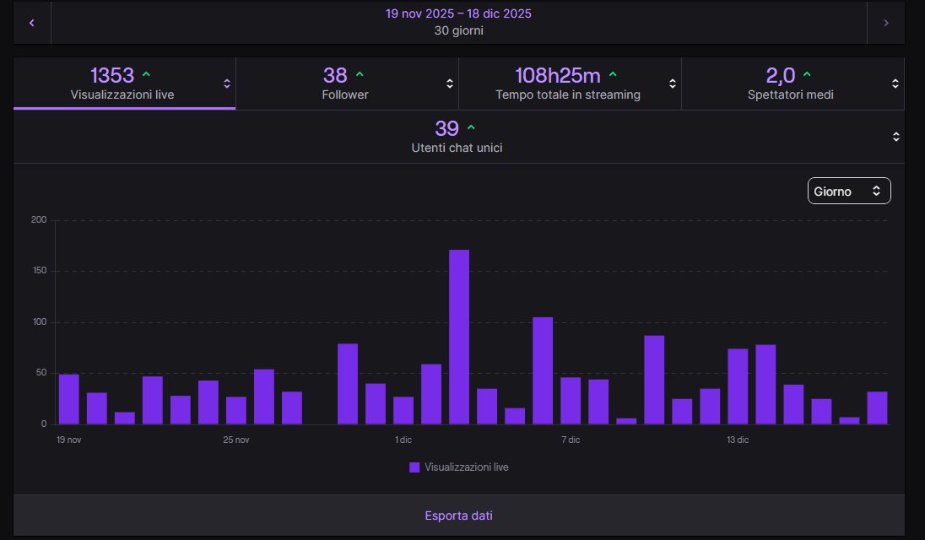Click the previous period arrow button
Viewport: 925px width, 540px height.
pyautogui.click(x=32, y=23)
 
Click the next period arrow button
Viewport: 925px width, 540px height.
pyautogui.click(x=885, y=23)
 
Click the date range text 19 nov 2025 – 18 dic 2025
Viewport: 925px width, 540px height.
pyautogui.click(x=458, y=13)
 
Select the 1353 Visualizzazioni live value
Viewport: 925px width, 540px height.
pyautogui.click(x=112, y=76)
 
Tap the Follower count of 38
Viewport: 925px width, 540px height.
pyautogui.click(x=335, y=76)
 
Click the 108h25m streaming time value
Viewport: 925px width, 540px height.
pyautogui.click(x=557, y=76)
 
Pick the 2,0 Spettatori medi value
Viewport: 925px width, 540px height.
pyautogui.click(x=780, y=76)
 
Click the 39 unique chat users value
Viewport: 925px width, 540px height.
pyautogui.click(x=446, y=128)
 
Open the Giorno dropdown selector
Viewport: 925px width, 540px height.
pyautogui.click(x=848, y=191)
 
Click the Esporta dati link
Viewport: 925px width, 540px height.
pyautogui.click(x=458, y=515)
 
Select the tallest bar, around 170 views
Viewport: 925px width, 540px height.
pyautogui.click(x=459, y=337)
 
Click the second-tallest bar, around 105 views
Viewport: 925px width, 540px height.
pyautogui.click(x=543, y=370)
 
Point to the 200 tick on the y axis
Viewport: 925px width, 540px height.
pyautogui.click(x=39, y=220)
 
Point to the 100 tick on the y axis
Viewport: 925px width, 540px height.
pyautogui.click(x=39, y=322)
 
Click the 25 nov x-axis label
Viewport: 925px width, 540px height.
pyautogui.click(x=236, y=440)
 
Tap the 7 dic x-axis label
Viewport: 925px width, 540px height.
pyautogui.click(x=571, y=440)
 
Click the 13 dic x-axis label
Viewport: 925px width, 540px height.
pyautogui.click(x=738, y=440)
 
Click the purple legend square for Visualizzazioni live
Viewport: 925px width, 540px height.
pyautogui.click(x=414, y=467)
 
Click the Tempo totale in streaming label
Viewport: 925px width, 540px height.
pyautogui.click(x=567, y=94)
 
